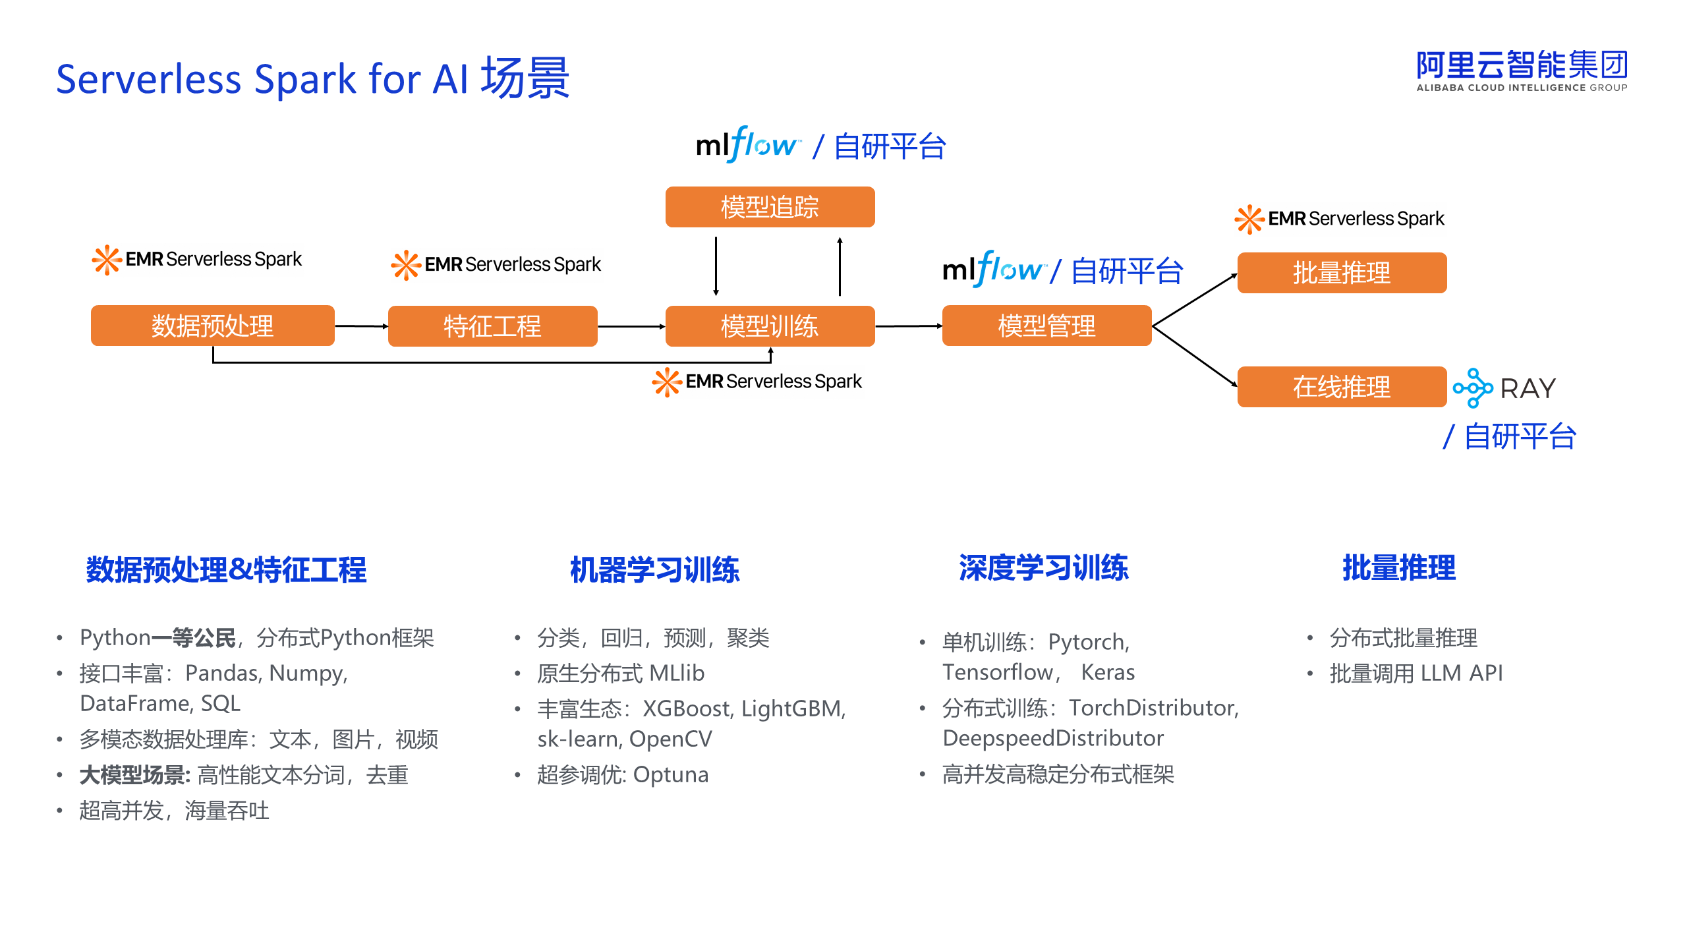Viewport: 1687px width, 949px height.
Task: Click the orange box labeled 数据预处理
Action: tap(213, 326)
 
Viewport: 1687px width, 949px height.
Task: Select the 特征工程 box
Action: tap(493, 326)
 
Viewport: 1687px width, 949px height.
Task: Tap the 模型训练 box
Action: tap(770, 326)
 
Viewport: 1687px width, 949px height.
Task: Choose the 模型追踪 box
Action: tap(770, 207)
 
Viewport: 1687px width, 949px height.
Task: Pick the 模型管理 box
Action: tap(1047, 326)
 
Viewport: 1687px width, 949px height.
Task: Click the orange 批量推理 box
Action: tap(1342, 273)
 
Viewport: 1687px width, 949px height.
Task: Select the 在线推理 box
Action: tap(1342, 387)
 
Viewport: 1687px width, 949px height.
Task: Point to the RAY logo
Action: tap(1504, 388)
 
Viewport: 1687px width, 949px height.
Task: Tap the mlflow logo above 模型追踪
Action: tap(749, 144)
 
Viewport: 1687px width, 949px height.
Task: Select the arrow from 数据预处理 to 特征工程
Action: tap(362, 326)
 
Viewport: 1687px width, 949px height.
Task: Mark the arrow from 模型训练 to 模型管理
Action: tap(909, 326)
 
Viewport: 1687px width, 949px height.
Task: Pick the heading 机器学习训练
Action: tap(655, 569)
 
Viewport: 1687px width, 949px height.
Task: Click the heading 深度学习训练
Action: tap(1044, 567)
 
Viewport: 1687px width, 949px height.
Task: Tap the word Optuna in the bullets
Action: tap(671, 775)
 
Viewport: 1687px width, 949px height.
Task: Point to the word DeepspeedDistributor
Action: tap(1053, 739)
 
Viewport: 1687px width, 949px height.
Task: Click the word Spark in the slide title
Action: tap(306, 80)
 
